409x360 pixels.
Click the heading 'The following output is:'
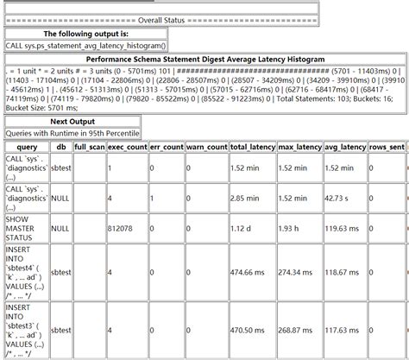85,33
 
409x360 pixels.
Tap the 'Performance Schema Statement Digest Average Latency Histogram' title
205,60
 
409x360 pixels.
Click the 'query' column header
26,148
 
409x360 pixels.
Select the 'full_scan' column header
89,148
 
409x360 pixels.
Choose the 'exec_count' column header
126,148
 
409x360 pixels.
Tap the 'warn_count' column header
206,148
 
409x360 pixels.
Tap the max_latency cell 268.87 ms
299,329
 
